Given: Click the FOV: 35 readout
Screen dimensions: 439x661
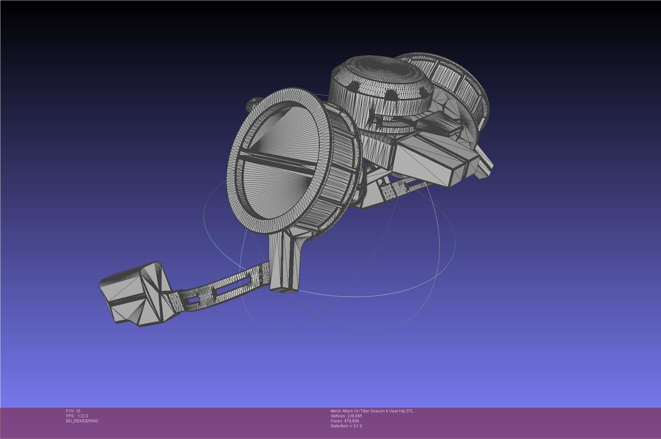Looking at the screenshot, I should pyautogui.click(x=73, y=411).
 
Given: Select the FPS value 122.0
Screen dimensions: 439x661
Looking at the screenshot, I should pyautogui.click(x=83, y=416).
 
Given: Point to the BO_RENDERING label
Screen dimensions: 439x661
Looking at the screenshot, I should pyautogui.click(x=82, y=421).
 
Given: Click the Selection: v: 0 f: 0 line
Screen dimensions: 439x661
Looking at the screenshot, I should pyautogui.click(x=346, y=426).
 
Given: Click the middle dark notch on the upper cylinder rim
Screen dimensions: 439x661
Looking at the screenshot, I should pyautogui.click(x=391, y=96).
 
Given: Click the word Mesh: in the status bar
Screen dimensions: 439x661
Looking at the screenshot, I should pyautogui.click(x=336, y=411).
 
